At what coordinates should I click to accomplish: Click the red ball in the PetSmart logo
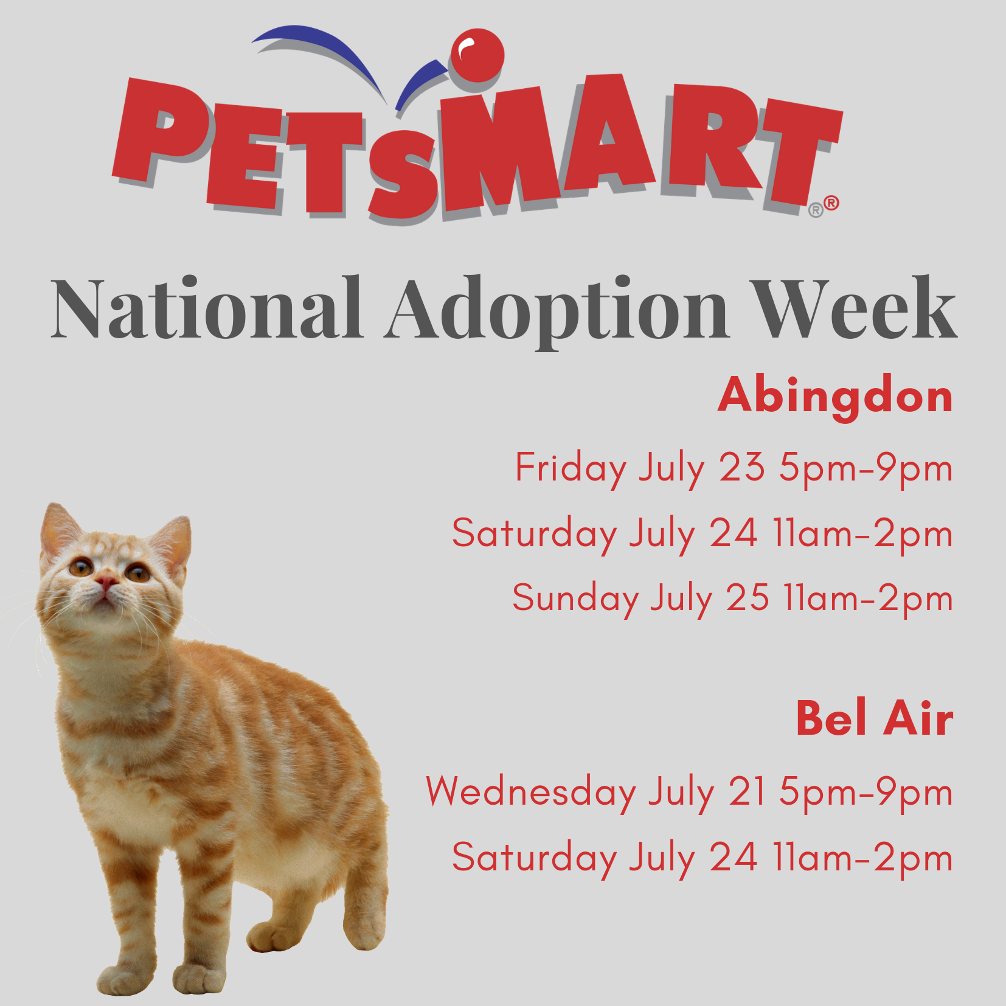[x=477, y=55]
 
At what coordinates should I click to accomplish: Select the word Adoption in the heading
[x=556, y=310]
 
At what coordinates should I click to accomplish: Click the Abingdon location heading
[x=834, y=397]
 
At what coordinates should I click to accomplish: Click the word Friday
[x=571, y=469]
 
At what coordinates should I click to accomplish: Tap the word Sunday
[x=575, y=599]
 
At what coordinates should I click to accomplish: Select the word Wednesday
[x=531, y=792]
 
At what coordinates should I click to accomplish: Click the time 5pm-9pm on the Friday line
[x=866, y=469]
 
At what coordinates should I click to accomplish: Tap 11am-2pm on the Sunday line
[x=868, y=599]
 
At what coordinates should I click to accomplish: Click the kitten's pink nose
[x=106, y=582]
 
